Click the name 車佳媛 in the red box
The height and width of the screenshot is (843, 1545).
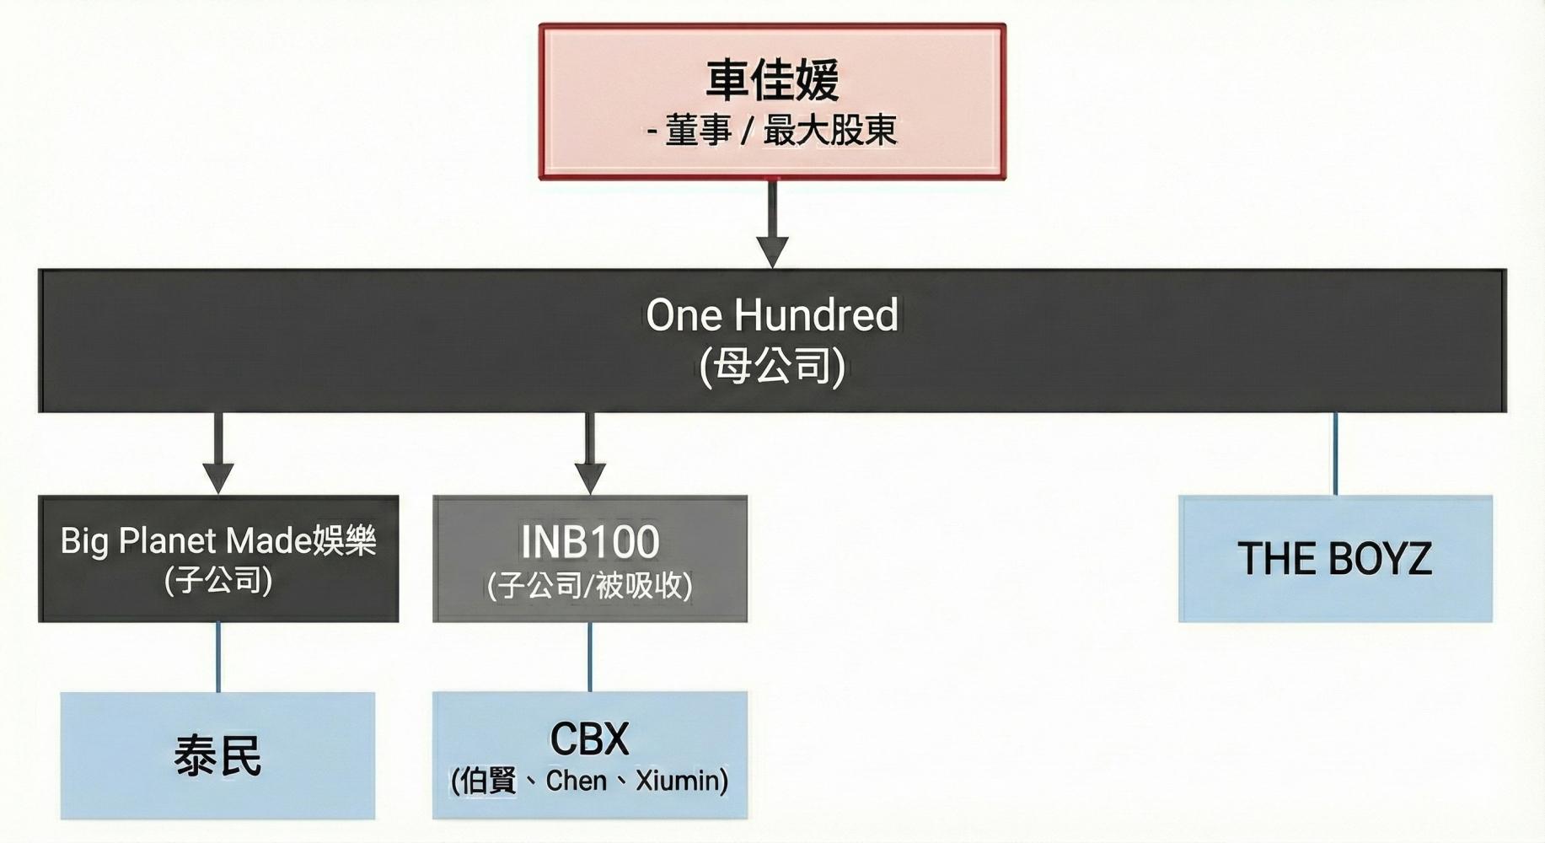[772, 80]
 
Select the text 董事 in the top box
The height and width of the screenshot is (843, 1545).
[699, 131]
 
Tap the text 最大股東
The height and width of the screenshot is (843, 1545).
[830, 131]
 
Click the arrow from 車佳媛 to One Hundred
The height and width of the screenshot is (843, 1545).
[772, 224]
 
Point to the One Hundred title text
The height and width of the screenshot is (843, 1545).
[772, 315]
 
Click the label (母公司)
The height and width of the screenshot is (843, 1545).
[772, 367]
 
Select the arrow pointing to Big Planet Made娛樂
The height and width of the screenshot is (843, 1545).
[218, 454]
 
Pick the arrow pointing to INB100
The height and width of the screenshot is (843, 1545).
[590, 454]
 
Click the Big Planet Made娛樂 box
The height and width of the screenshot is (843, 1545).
[218, 559]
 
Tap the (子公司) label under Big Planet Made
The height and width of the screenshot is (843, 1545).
[218, 581]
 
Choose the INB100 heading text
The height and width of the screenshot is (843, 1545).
[590, 542]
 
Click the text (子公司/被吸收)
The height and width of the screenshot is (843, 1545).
[590, 585]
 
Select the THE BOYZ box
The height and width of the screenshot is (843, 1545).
[1335, 559]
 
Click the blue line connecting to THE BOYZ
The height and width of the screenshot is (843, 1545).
[1335, 454]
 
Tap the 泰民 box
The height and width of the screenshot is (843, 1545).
[217, 755]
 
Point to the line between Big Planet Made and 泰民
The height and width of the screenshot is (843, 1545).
[218, 658]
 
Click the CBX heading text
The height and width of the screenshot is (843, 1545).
[590, 739]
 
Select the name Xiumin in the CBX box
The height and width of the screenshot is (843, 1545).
[682, 781]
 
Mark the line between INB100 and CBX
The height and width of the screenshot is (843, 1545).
[590, 658]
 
